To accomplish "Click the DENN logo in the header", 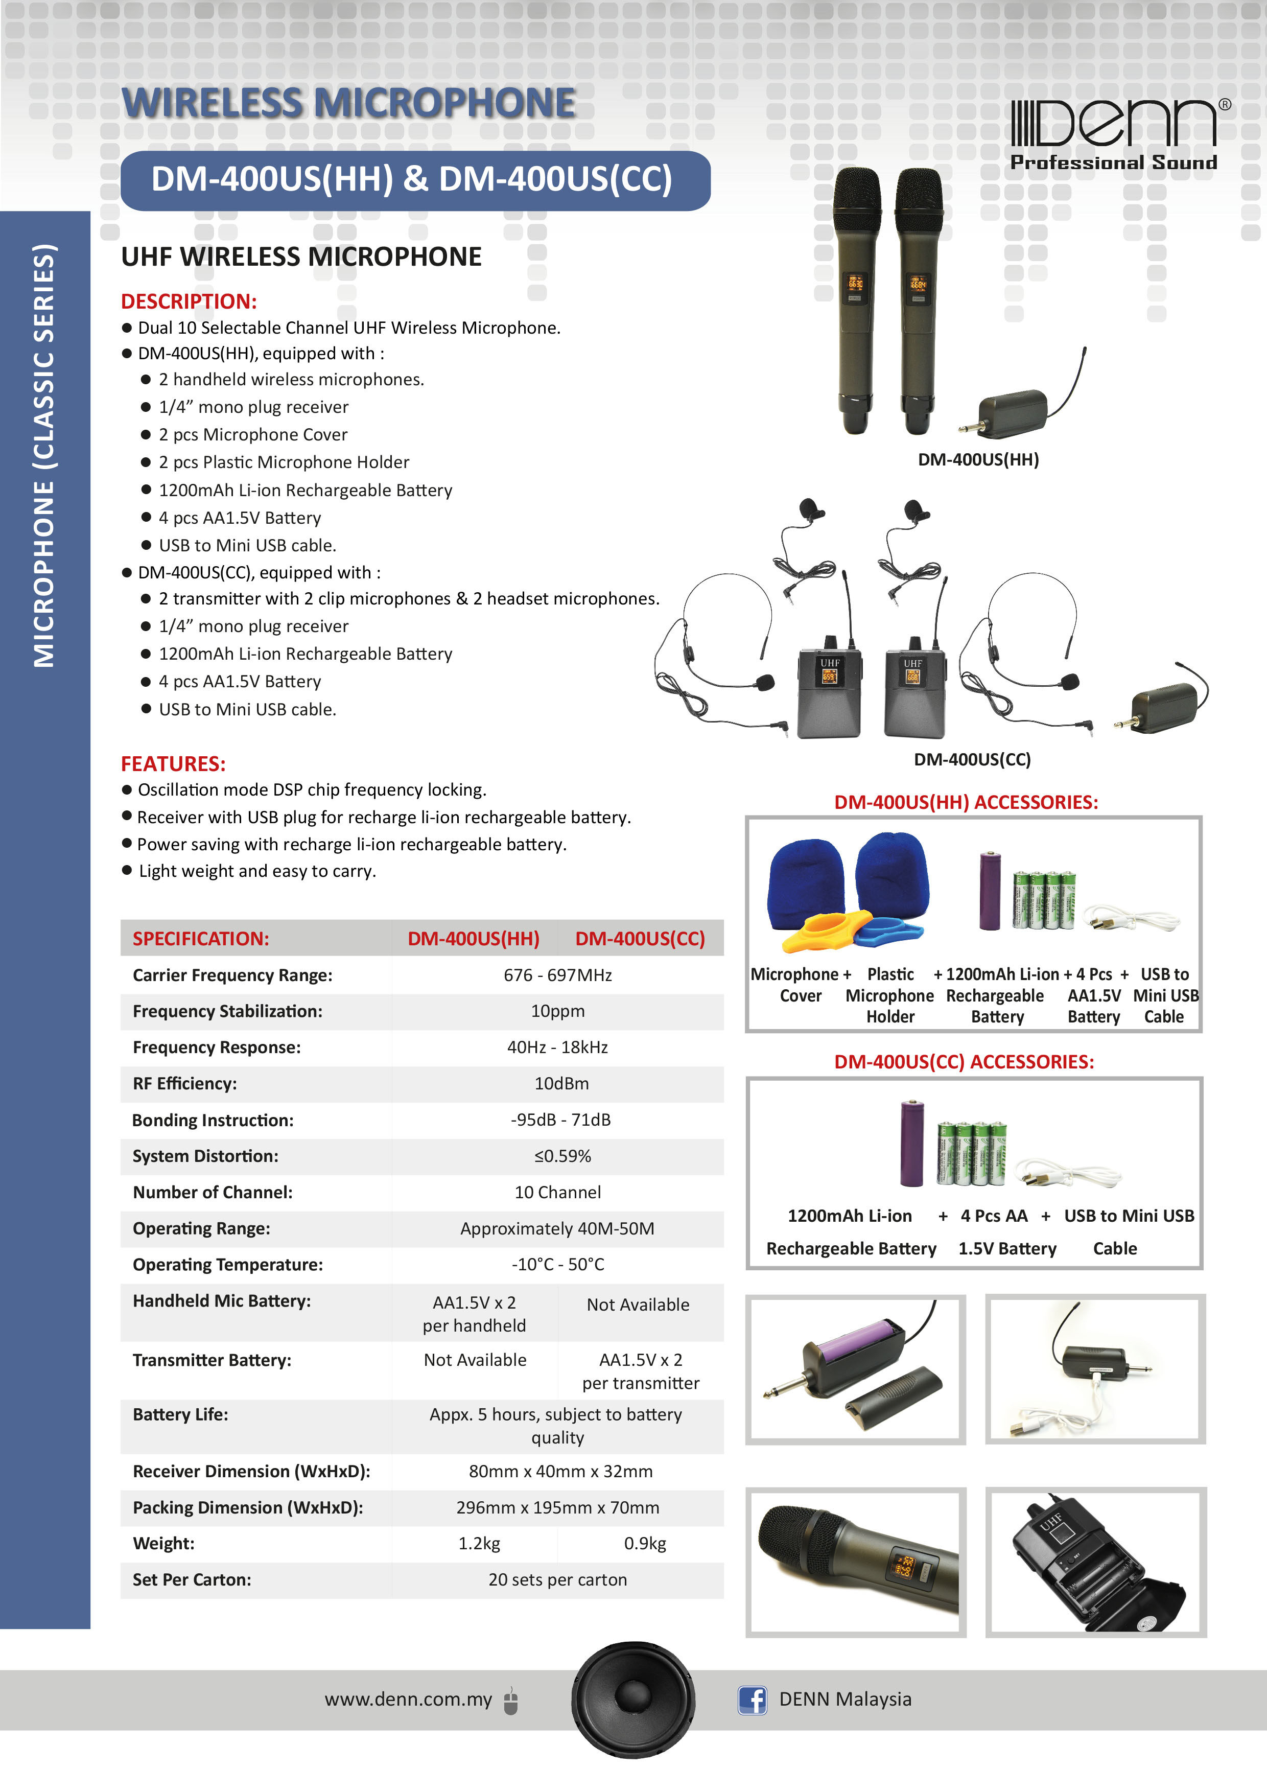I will point(1116,133).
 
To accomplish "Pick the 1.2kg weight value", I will point(479,1543).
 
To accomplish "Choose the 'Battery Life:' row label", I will point(180,1414).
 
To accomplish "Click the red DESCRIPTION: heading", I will point(188,301).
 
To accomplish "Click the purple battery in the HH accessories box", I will point(989,891).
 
